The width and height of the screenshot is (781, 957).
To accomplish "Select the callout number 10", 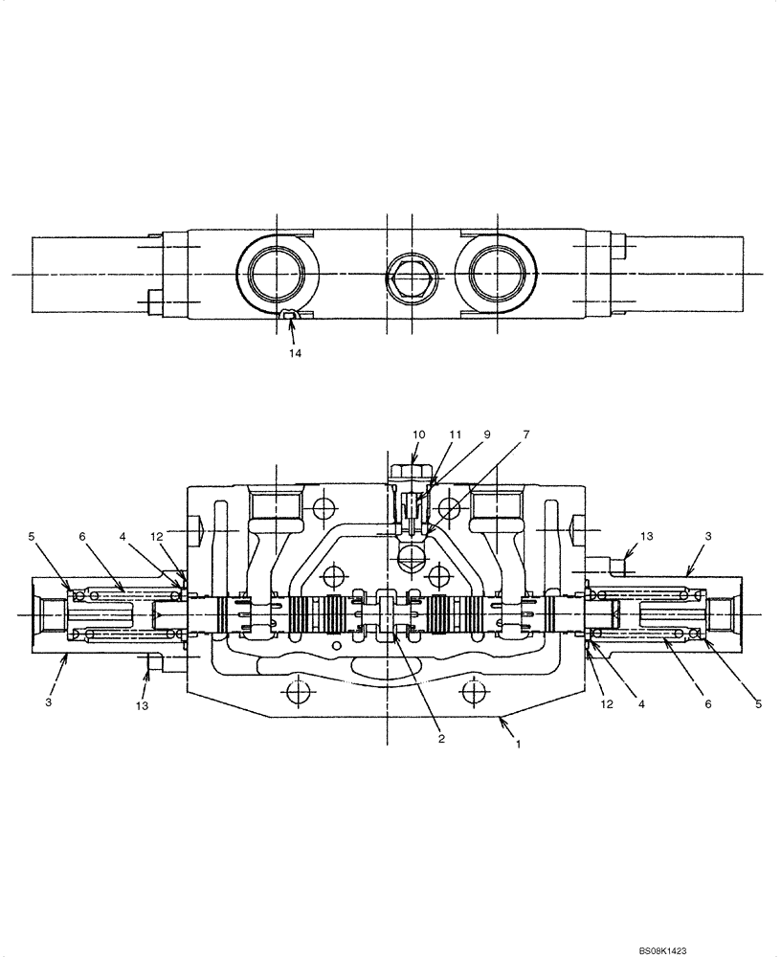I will point(418,434).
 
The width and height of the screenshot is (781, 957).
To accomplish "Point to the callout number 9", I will point(486,434).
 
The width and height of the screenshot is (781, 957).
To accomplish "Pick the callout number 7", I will point(524,434).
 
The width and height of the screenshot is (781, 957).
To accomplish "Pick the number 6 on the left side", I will point(83,537).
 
